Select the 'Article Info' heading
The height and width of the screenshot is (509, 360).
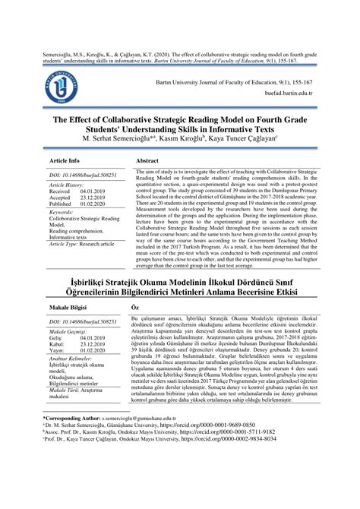click(x=65, y=161)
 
